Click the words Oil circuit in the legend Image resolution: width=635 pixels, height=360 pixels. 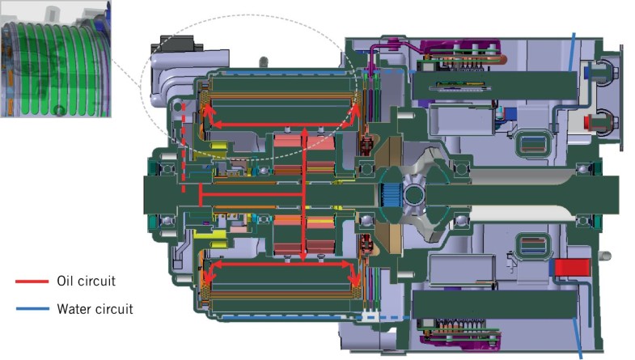(86, 282)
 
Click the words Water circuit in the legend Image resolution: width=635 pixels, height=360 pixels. (94, 308)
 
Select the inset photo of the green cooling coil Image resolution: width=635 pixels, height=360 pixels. (57, 58)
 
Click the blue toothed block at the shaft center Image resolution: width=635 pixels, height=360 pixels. (391, 195)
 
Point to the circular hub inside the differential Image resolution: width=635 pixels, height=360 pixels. (413, 195)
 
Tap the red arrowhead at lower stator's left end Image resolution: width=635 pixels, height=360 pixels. (207, 275)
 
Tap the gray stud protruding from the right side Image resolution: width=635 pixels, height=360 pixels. (604, 256)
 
